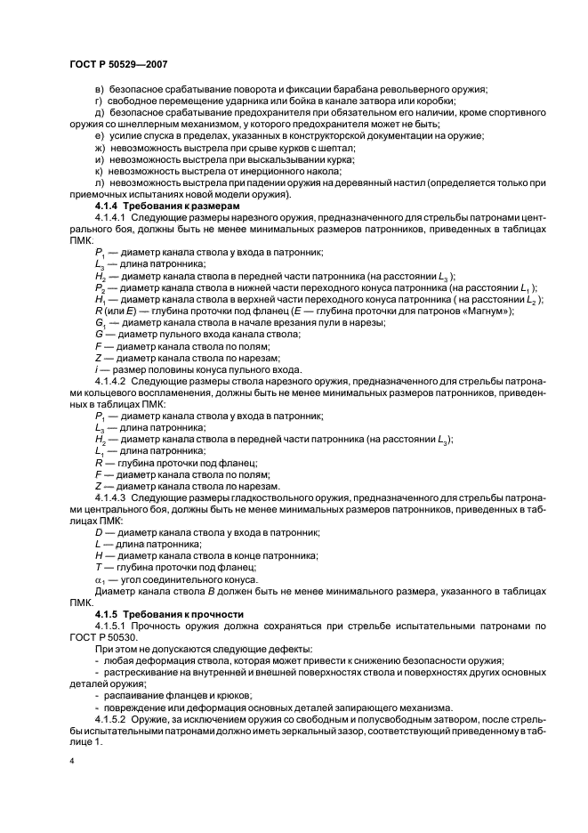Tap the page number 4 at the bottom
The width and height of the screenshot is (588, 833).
[70, 762]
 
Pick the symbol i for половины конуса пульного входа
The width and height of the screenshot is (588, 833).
[96, 368]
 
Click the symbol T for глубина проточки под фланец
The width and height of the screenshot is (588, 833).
[97, 566]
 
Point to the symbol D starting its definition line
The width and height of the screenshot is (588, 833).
[98, 531]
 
